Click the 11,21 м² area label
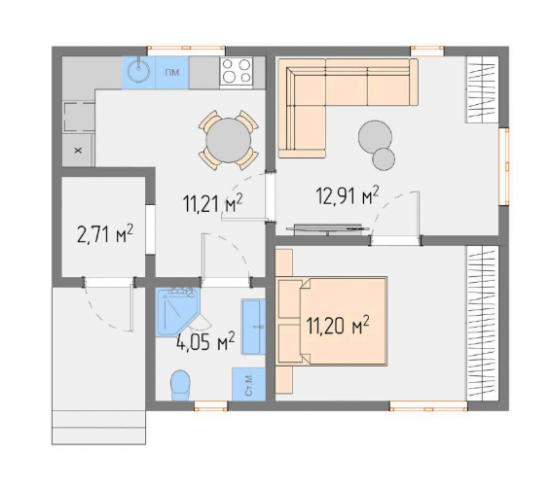click(212, 204)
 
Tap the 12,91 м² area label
click(348, 195)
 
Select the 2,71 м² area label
click(105, 234)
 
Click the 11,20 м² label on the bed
click(338, 327)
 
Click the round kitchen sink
click(139, 73)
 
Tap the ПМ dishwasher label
click(172, 73)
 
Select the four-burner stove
click(237, 72)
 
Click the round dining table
click(229, 140)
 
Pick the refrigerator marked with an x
click(78, 151)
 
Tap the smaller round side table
click(384, 158)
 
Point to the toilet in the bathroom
click(180, 385)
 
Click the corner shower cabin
click(176, 311)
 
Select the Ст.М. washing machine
click(248, 384)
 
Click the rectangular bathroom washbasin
click(253, 327)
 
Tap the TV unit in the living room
click(327, 228)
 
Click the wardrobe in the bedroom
click(483, 323)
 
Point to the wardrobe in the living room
click(483, 89)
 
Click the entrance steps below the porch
click(98, 428)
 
